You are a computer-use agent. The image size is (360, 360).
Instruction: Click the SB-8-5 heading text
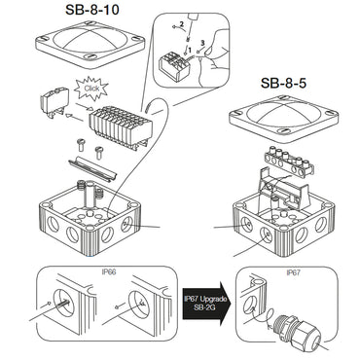click(x=282, y=87)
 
